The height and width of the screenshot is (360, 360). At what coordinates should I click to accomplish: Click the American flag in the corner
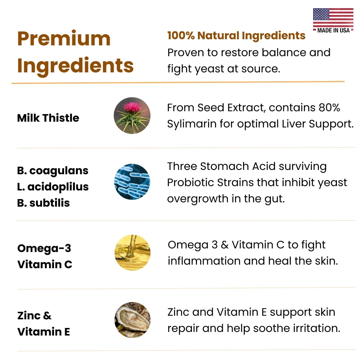click(x=333, y=17)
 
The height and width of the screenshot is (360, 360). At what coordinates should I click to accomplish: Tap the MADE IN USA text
click(x=333, y=30)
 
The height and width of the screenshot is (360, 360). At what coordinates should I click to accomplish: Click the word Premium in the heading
click(x=64, y=39)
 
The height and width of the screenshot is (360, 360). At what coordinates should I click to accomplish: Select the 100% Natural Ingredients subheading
click(x=236, y=36)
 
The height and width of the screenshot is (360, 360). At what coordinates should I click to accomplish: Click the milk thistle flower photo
click(x=132, y=116)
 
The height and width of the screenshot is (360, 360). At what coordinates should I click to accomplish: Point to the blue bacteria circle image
click(x=132, y=181)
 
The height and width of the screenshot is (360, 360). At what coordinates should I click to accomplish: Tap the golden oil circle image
click(x=132, y=253)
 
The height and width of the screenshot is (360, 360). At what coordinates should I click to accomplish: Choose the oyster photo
click(x=132, y=320)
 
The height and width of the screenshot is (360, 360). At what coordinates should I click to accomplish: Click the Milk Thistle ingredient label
click(x=48, y=118)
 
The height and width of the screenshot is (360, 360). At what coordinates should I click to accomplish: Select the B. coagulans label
click(x=53, y=171)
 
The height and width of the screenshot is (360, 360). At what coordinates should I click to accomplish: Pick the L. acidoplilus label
click(x=53, y=187)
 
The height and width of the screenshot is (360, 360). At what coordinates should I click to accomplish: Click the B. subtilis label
click(x=44, y=203)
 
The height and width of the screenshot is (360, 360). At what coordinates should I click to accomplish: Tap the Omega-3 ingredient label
click(x=44, y=248)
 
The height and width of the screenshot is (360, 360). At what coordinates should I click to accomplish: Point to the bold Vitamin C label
click(x=45, y=264)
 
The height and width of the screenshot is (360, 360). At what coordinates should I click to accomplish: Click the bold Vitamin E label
click(x=44, y=332)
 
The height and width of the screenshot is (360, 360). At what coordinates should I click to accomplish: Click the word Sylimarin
click(x=192, y=124)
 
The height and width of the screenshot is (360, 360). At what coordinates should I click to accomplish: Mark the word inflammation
click(x=204, y=261)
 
